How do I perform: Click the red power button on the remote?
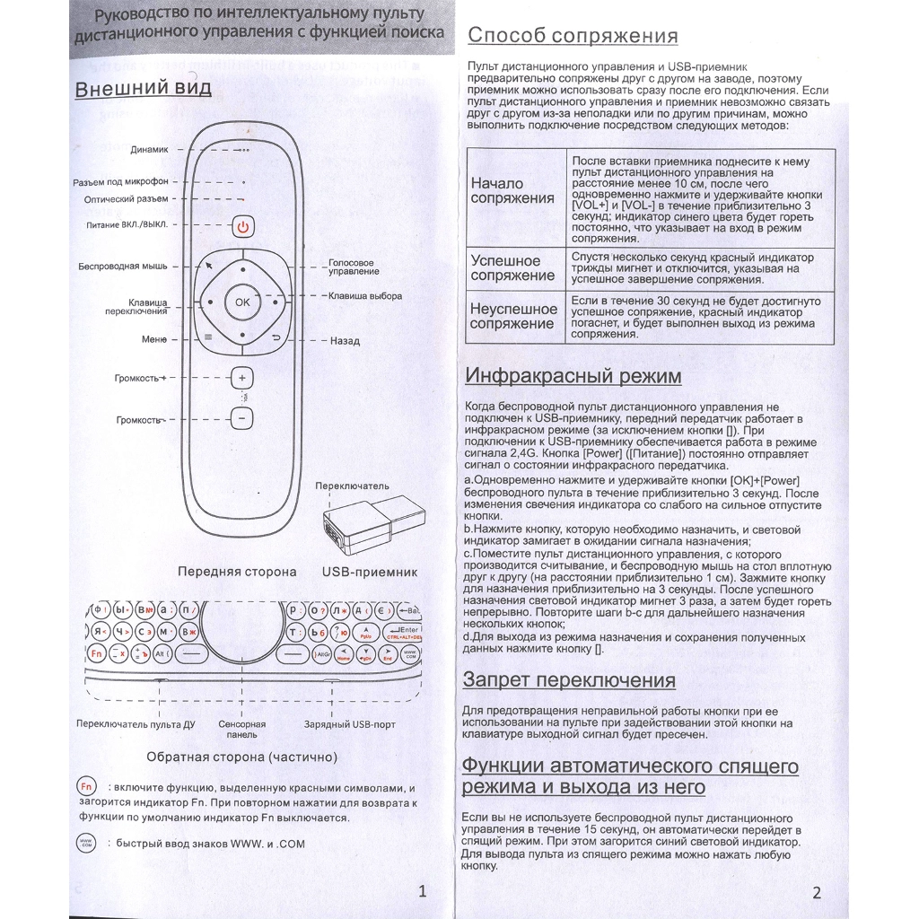click(x=242, y=226)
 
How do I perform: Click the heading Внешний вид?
click(x=143, y=89)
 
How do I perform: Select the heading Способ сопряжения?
click(x=573, y=36)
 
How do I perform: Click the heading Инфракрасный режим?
click(x=572, y=376)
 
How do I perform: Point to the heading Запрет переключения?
click(x=569, y=679)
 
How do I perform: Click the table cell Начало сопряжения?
click(x=512, y=191)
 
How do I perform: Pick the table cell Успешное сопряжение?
click(x=512, y=267)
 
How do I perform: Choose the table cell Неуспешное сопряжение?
click(x=512, y=316)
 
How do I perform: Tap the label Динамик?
click(x=149, y=150)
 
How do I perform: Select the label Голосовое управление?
click(x=353, y=267)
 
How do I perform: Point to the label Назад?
click(x=345, y=341)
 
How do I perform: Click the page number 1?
click(x=423, y=890)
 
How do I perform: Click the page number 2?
click(x=816, y=891)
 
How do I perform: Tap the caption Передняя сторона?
click(x=237, y=571)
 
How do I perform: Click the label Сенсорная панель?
click(x=241, y=729)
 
